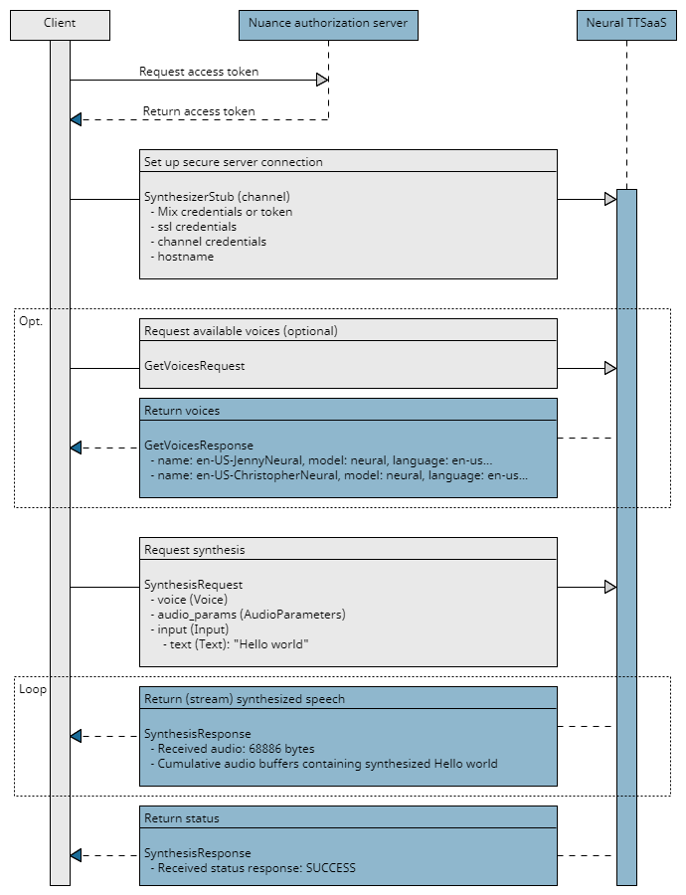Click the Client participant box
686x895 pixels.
pyautogui.click(x=60, y=23)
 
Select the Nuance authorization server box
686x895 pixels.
pyautogui.click(x=328, y=23)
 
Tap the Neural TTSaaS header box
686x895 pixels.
pyautogui.click(x=625, y=23)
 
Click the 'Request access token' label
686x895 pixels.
pyautogui.click(x=199, y=72)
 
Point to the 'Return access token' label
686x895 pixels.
pyautogui.click(x=199, y=111)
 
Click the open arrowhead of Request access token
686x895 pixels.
pyautogui.click(x=322, y=81)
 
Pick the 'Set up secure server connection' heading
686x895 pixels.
pyautogui.click(x=234, y=162)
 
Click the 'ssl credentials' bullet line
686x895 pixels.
pyautogui.click(x=196, y=227)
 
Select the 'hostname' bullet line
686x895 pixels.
pyautogui.click(x=185, y=257)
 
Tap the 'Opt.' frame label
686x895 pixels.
pyautogui.click(x=32, y=321)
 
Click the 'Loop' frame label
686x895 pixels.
pyautogui.click(x=33, y=689)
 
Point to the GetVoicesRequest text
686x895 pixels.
pyautogui.click(x=195, y=366)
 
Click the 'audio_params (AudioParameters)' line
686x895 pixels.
pyautogui.click(x=251, y=615)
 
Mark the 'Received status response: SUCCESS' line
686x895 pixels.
pyautogui.click(x=253, y=868)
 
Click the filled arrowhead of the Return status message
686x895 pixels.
pyautogui.click(x=76, y=855)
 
